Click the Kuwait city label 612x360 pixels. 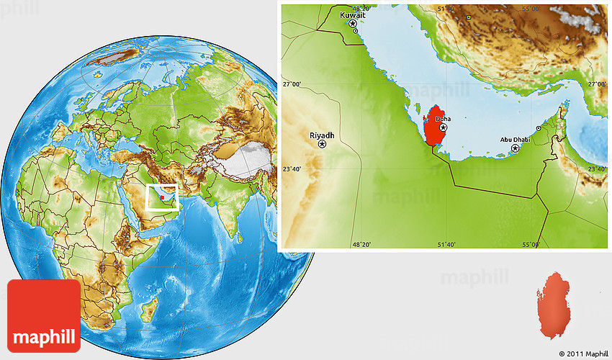(x=353, y=14)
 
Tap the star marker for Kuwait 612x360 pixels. (x=353, y=24)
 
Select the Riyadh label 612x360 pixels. (x=322, y=135)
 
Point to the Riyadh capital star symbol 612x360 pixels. (x=322, y=145)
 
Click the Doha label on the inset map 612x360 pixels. (x=444, y=118)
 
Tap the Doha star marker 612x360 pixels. (x=444, y=127)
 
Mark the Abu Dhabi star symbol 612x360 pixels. (x=515, y=148)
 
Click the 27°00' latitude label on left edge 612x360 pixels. (x=292, y=84)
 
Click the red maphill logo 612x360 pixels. (x=44, y=315)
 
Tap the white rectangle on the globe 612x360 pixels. (x=162, y=196)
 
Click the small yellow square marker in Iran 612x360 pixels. (x=468, y=17)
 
